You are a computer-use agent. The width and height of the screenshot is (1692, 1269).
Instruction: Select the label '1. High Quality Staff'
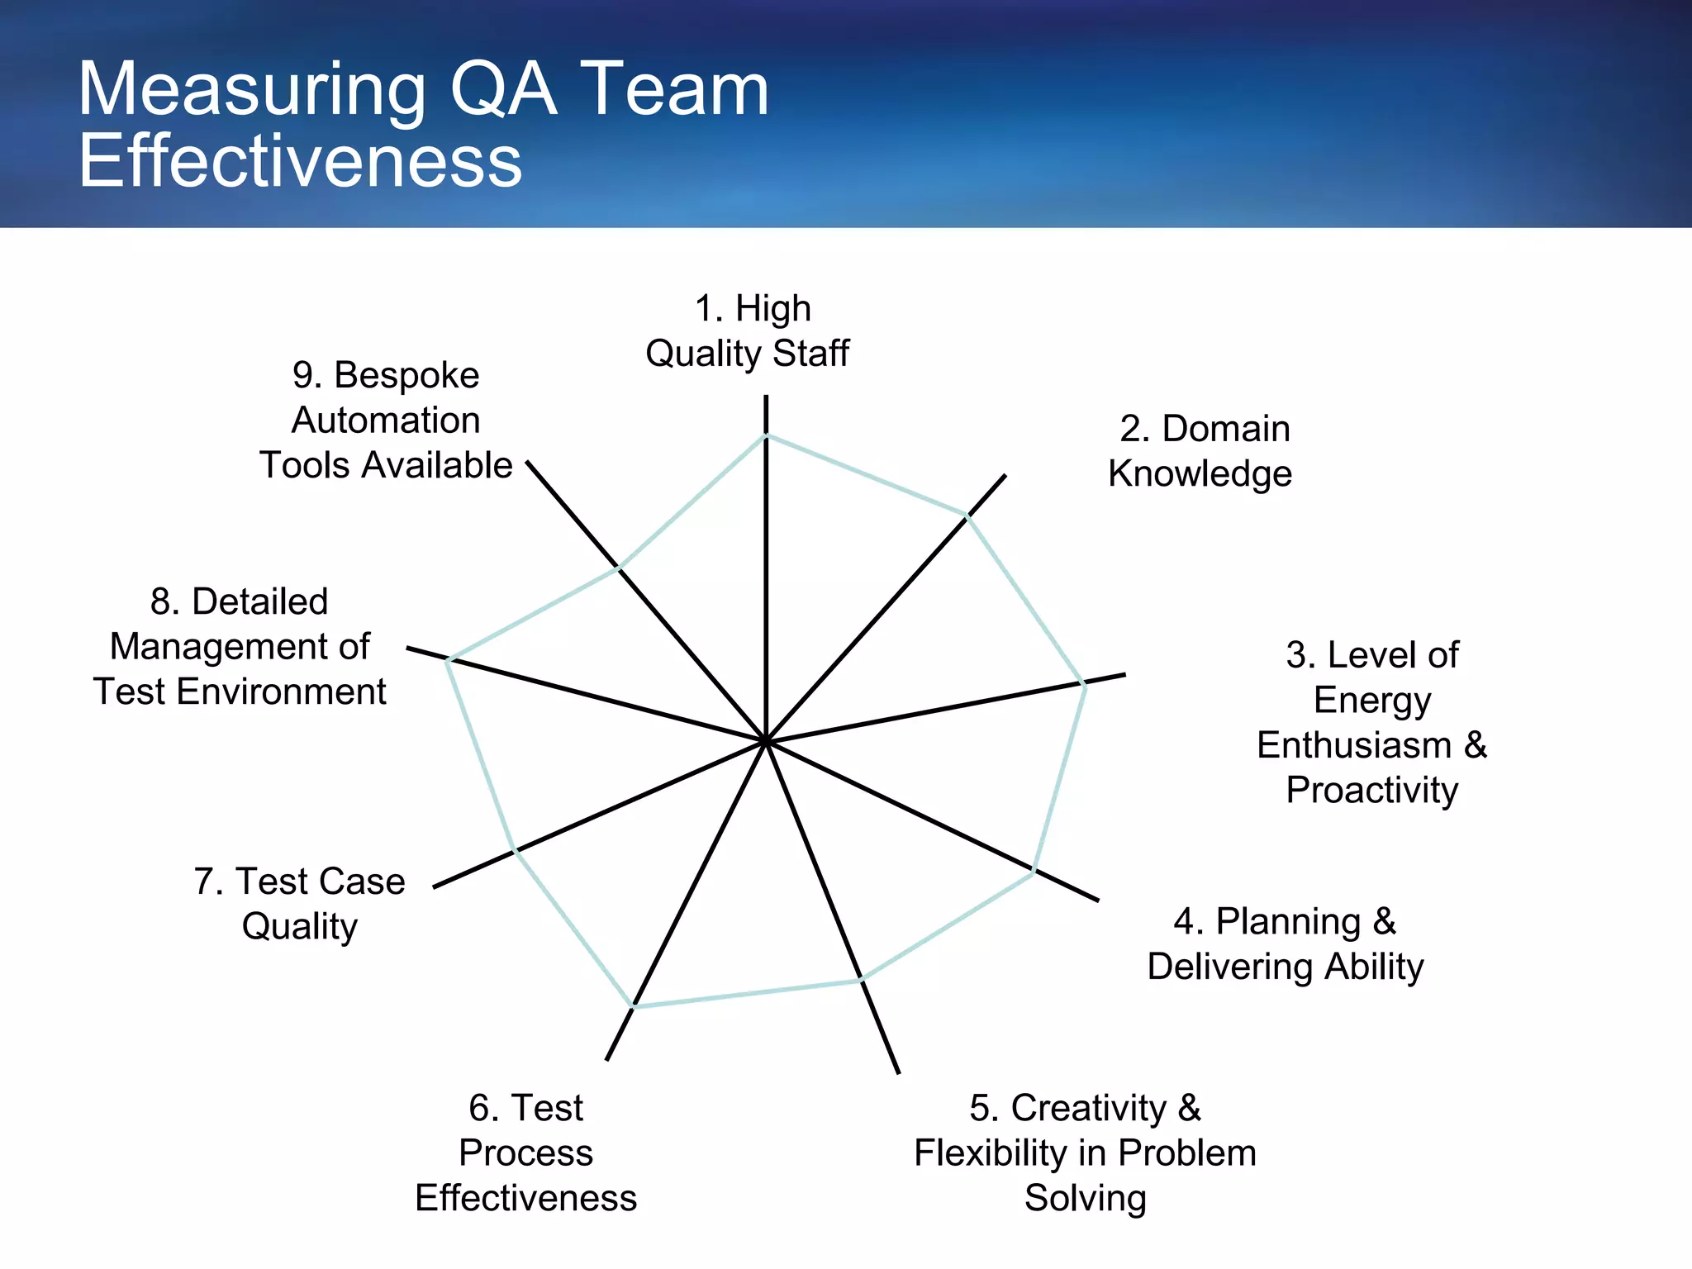pos(748,330)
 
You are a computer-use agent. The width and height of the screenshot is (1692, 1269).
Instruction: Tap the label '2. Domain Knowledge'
pos(1200,451)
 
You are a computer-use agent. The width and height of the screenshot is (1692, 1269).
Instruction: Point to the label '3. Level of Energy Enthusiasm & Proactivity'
pos(1372,722)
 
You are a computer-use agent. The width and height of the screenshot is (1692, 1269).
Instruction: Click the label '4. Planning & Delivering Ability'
pos(1286,943)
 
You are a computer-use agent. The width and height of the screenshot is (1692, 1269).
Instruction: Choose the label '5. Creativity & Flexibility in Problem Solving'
pos(1085,1153)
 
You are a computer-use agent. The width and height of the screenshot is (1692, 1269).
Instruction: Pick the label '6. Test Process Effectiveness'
pos(526,1153)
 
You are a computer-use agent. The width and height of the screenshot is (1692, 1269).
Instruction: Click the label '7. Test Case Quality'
pos(300,904)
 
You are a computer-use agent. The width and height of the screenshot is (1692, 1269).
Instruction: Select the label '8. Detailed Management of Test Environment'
pos(240,647)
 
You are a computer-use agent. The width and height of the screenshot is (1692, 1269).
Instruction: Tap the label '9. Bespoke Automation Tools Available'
pos(386,420)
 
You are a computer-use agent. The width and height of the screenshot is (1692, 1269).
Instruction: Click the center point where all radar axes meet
pos(766,741)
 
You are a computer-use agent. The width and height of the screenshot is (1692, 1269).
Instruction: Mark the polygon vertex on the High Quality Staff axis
pos(766,435)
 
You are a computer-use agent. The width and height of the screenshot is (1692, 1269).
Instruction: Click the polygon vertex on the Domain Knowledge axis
pos(967,516)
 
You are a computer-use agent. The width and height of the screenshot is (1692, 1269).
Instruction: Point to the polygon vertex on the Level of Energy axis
pos(1085,683)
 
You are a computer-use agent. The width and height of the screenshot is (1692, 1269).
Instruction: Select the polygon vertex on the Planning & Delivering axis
pos(1034,871)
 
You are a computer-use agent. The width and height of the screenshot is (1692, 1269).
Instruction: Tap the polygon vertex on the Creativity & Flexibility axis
pos(861,980)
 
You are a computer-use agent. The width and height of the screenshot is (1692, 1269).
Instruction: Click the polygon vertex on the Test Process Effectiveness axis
pos(634,1006)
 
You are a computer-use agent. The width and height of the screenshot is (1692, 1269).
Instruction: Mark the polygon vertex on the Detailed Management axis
pos(447,659)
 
